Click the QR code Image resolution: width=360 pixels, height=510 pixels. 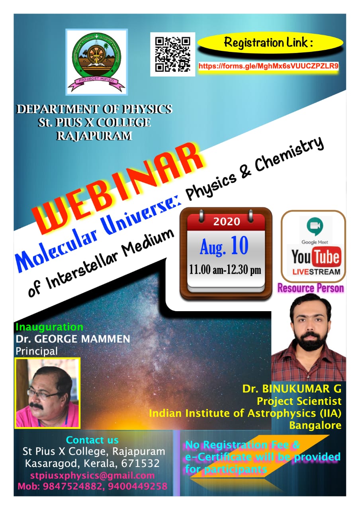[x=172, y=54]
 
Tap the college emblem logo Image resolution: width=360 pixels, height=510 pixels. [x=96, y=62]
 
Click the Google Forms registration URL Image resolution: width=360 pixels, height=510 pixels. [x=268, y=66]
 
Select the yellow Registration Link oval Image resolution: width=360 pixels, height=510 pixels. [x=270, y=43]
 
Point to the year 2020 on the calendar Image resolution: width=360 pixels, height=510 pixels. [x=227, y=222]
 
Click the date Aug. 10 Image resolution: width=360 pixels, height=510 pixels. [x=224, y=246]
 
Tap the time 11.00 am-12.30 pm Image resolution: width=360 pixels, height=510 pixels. [x=225, y=270]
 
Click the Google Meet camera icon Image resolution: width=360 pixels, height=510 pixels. [x=315, y=225]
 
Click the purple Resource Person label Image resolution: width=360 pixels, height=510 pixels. [x=311, y=288]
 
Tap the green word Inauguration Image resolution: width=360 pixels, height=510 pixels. [x=49, y=327]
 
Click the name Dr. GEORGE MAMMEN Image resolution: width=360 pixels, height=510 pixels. [x=73, y=339]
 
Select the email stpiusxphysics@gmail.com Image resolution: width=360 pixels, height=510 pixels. [x=92, y=475]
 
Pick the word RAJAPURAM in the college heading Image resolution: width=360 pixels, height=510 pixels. [x=94, y=136]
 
